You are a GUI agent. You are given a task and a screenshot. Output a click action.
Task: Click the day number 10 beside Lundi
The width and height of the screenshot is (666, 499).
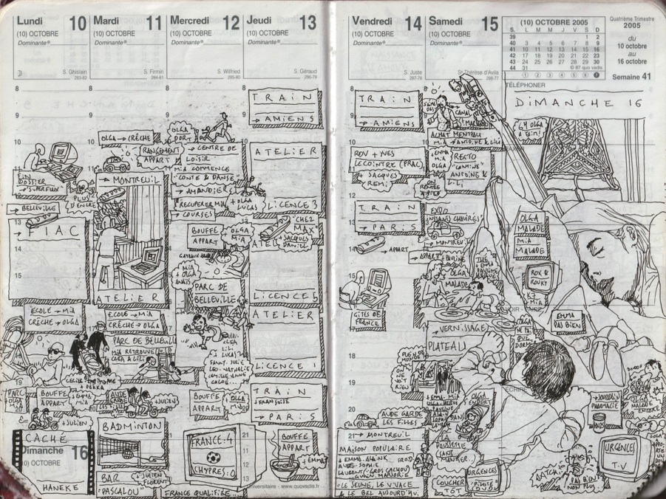pos(77,23)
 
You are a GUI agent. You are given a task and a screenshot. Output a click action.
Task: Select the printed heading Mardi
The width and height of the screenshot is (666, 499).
pos(107,21)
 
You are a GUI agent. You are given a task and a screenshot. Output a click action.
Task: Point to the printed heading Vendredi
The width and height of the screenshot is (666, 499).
pos(376,21)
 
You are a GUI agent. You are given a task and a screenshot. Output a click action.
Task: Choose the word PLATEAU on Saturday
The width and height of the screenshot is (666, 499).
pos(449,346)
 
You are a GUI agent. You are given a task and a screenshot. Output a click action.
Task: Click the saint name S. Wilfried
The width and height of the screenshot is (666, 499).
pos(228,72)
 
